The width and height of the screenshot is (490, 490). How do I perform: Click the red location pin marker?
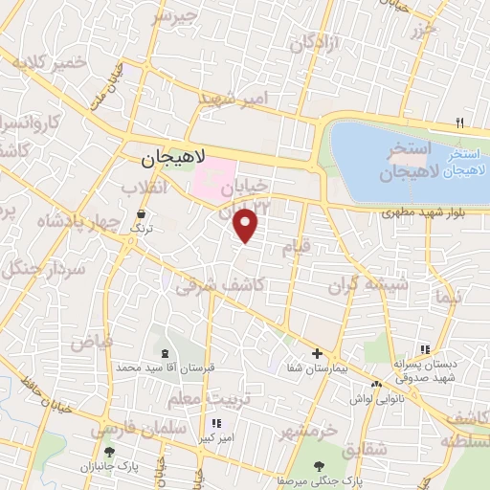point(247,225)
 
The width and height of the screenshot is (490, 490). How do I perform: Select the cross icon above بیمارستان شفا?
point(317,353)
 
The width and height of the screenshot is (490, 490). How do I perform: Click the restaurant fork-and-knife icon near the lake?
point(459,122)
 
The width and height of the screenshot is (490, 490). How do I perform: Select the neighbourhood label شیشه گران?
point(367,285)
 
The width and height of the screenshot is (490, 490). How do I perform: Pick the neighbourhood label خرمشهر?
point(308,431)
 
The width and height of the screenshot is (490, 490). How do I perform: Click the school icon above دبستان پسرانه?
point(425,350)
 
